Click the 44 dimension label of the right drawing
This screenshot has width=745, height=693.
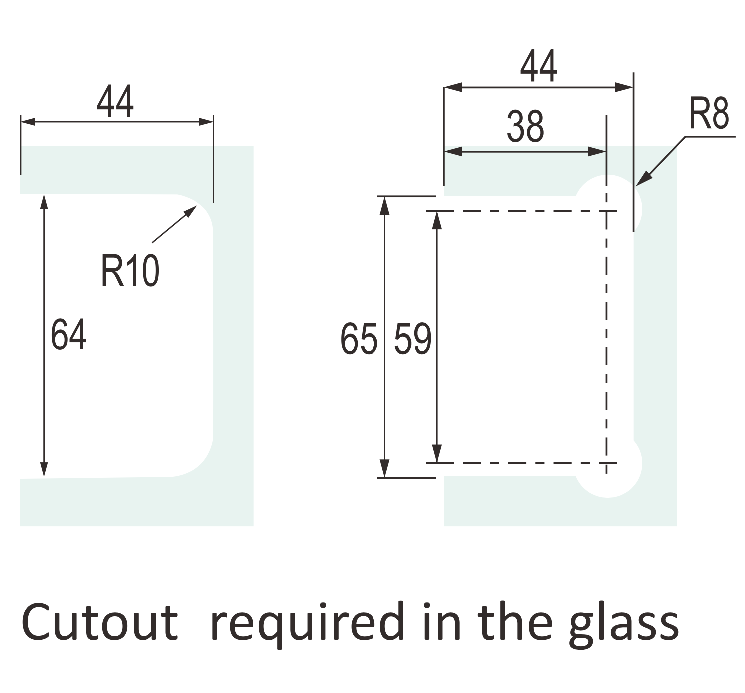point(538,66)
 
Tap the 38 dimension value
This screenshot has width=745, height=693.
point(525,127)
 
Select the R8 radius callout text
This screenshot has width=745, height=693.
point(709,114)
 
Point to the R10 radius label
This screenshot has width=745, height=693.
point(130,271)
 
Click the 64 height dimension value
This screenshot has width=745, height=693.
point(69,335)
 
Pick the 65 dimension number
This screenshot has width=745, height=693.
point(358,339)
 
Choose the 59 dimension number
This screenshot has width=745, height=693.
point(412,339)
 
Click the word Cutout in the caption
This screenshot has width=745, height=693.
point(100,622)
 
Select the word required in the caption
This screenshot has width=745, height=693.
point(307,624)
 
